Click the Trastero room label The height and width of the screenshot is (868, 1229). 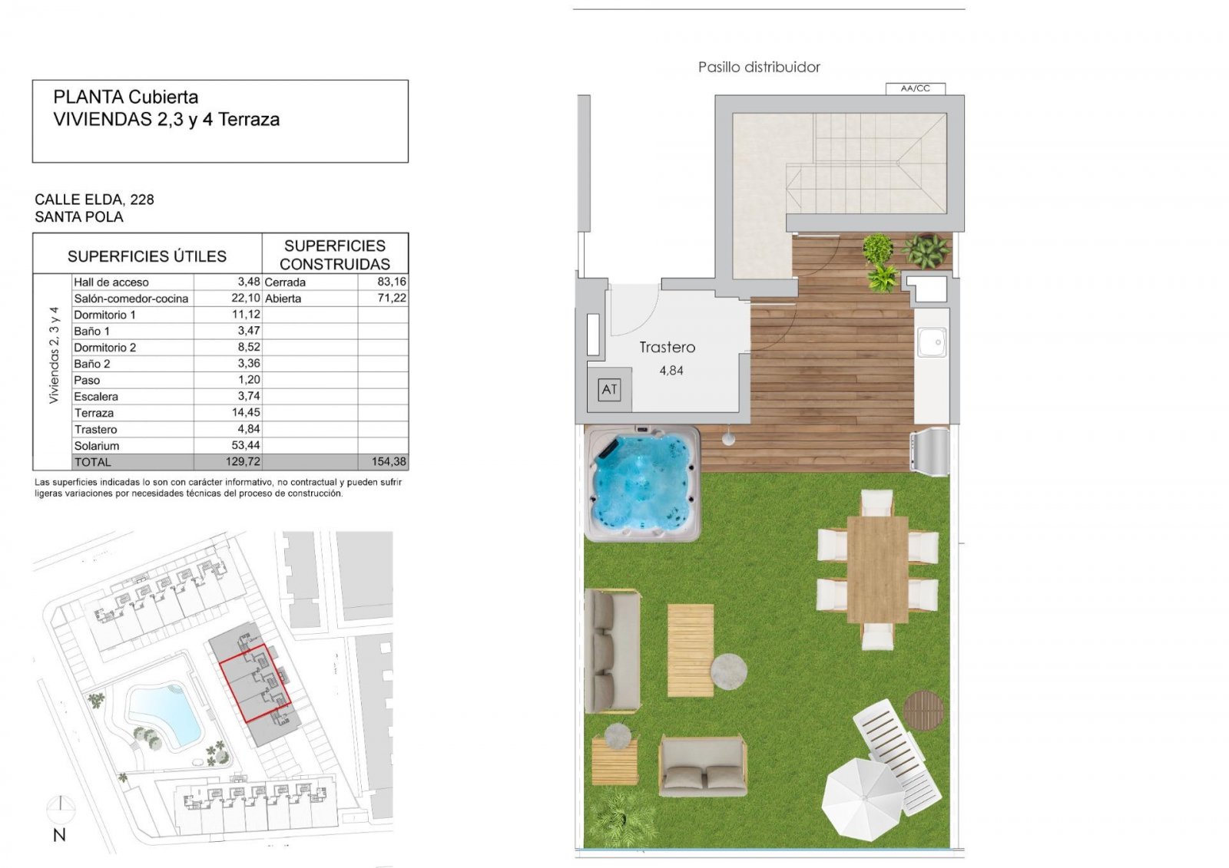[x=667, y=347]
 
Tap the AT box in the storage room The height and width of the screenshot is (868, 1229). [x=609, y=390]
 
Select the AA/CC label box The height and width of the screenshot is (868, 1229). [x=915, y=88]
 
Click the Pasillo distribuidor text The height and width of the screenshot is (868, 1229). [x=758, y=68]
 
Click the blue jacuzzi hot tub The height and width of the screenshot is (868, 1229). [x=642, y=484]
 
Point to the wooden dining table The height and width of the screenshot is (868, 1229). [x=877, y=569]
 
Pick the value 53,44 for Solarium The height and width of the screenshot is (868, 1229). [x=245, y=446]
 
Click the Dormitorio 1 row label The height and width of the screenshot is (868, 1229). [x=104, y=315]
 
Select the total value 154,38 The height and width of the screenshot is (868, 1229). [x=389, y=462]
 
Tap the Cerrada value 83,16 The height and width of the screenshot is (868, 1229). [x=391, y=282]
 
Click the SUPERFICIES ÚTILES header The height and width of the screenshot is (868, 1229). [x=147, y=256]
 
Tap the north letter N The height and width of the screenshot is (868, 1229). [x=59, y=835]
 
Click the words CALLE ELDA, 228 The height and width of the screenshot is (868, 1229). [x=94, y=200]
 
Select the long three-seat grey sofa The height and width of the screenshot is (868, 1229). [x=611, y=651]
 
